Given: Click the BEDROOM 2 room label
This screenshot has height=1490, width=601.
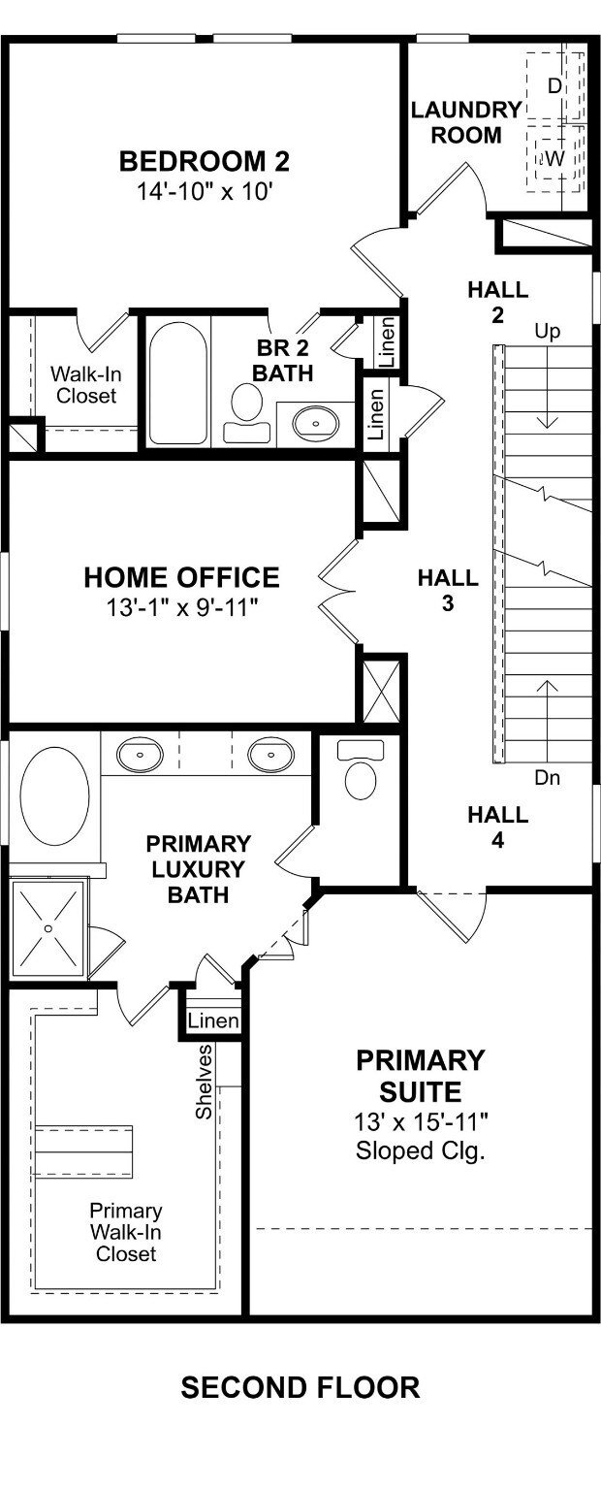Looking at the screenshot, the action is tap(205, 162).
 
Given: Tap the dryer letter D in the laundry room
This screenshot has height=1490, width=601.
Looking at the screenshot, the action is tap(554, 85).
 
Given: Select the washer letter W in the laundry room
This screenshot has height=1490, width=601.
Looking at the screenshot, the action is tap(555, 159).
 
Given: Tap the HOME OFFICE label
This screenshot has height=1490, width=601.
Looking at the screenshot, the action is tap(181, 577).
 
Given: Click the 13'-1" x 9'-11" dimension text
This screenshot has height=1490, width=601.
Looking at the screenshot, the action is tap(181, 607).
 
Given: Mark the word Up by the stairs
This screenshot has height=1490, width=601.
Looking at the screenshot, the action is tap(547, 332).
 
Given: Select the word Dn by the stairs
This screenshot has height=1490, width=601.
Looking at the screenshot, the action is tap(547, 777).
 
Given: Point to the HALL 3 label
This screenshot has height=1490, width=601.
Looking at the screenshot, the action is tap(448, 590).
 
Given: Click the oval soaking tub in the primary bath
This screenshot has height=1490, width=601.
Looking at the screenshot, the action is tap(54, 796).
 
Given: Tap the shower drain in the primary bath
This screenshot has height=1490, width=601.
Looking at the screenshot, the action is tap(47, 928).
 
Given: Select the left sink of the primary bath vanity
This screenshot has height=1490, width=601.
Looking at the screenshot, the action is tap(140, 754).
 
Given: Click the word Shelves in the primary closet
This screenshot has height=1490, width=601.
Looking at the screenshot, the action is tap(205, 1082).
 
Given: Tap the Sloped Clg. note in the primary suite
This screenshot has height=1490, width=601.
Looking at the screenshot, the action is tap(420, 1150).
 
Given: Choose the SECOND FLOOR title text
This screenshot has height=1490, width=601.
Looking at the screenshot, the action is tap(300, 1387).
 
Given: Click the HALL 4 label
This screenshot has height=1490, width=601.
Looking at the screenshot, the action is tap(498, 826).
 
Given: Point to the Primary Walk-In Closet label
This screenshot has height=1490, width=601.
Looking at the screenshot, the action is tap(126, 1233).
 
